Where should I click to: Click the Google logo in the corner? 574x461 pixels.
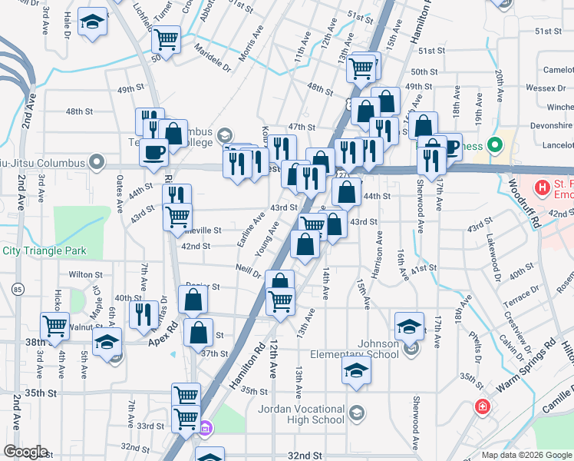pos(25,452)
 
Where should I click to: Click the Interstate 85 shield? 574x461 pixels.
pos(18,289)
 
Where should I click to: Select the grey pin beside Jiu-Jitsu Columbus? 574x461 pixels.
pos(96,162)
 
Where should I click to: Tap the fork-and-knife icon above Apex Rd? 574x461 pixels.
pos(143,314)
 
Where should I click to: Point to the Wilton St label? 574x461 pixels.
pos(85,274)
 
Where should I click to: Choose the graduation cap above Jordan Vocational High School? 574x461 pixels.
pos(357,372)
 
